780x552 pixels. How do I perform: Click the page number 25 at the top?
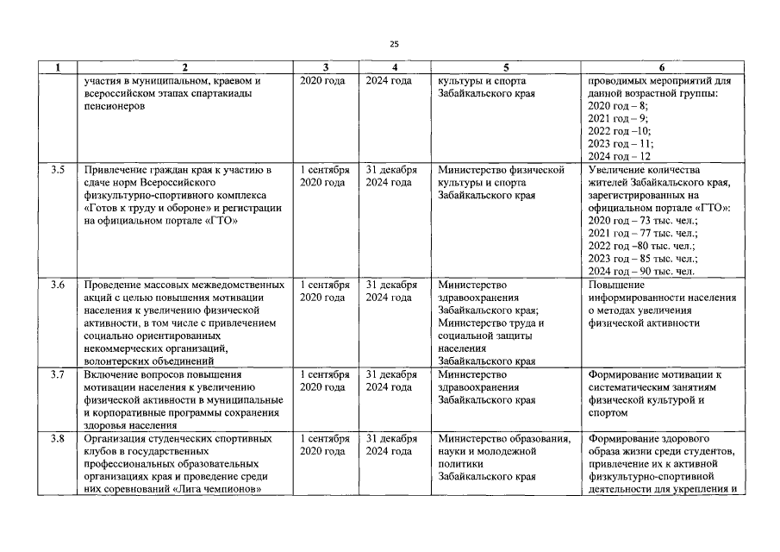pos(394,44)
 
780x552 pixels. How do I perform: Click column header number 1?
pos(58,67)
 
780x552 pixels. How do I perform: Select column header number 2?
pos(184,67)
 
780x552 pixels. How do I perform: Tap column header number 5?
pos(506,67)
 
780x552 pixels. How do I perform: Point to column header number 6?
pos(661,67)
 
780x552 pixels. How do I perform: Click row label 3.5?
pos(58,169)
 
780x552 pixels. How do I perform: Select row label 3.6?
pos(58,285)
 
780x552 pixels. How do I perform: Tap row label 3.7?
pos(58,375)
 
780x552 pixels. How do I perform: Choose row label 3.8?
pos(58,439)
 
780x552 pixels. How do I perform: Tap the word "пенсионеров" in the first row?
pos(115,105)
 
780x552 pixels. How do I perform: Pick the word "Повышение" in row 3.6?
pos(616,285)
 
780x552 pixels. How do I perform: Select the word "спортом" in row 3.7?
pos(609,413)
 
